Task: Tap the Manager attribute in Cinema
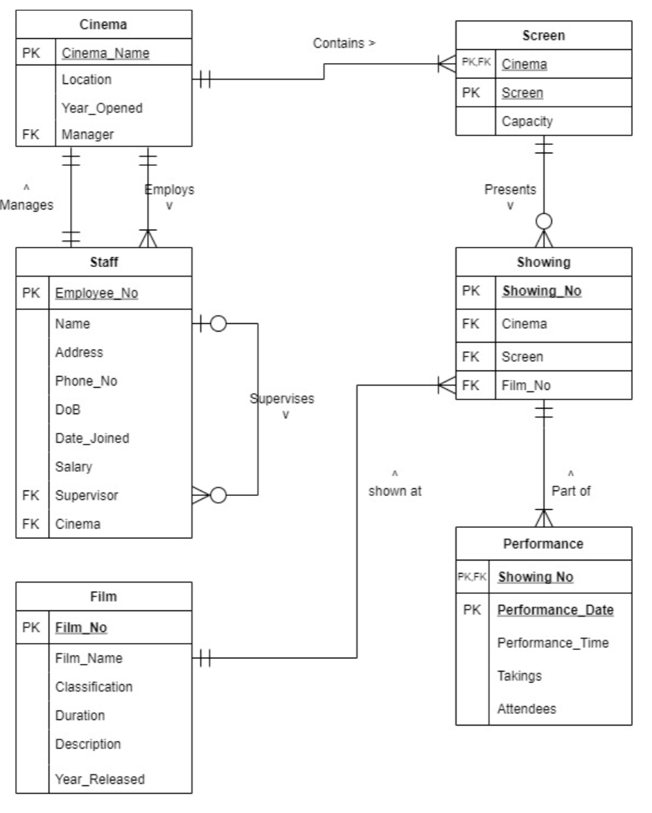click(85, 134)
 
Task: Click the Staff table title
click(103, 262)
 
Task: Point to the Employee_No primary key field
click(96, 293)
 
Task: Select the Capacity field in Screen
click(527, 121)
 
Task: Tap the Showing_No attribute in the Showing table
click(540, 292)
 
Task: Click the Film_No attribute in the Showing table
click(526, 386)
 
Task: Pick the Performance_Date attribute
click(555, 610)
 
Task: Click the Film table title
click(103, 595)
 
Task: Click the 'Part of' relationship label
click(570, 491)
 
